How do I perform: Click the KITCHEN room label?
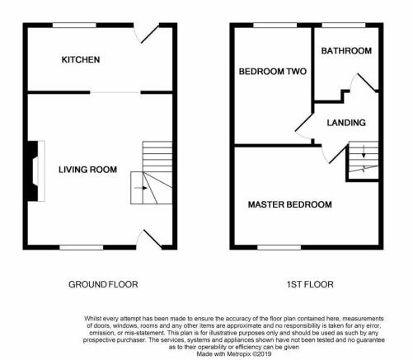click(x=81, y=59)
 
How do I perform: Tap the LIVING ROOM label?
click(x=87, y=170)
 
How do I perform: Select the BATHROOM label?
click(x=346, y=51)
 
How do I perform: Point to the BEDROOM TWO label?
click(x=273, y=72)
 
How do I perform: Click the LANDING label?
click(x=346, y=123)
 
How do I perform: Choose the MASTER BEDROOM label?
click(x=290, y=204)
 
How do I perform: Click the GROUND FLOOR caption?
click(x=103, y=284)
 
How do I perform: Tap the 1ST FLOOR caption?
click(x=310, y=284)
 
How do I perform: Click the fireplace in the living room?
click(x=35, y=171)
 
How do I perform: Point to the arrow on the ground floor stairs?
click(x=141, y=188)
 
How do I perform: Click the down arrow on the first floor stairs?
click(x=364, y=152)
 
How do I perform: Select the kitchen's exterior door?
click(x=150, y=35)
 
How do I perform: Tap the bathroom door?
click(x=367, y=82)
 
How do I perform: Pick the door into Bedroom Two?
click(x=304, y=126)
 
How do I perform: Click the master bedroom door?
click(x=336, y=155)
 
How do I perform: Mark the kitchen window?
click(x=74, y=26)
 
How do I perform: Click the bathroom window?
click(x=344, y=26)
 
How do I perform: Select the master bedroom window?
click(x=279, y=247)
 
